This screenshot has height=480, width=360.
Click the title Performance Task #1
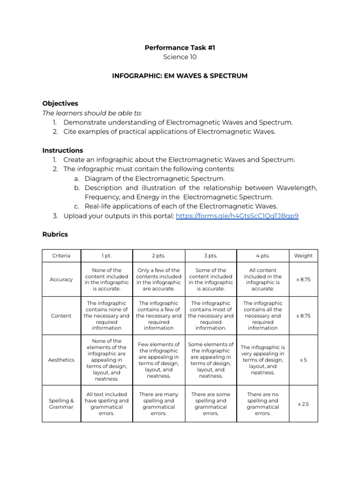click(180, 47)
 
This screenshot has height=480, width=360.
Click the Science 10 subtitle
click(180, 57)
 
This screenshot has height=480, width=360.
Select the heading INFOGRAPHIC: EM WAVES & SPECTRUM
click(180, 75)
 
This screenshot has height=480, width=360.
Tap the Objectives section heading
click(60, 103)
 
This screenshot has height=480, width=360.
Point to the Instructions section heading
click(62, 150)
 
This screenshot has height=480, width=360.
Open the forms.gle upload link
click(237, 216)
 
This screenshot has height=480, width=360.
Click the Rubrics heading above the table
click(55, 234)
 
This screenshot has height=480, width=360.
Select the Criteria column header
click(61, 255)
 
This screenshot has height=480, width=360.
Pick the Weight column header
click(303, 255)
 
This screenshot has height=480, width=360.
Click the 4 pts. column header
click(263, 255)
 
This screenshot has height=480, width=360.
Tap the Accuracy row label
click(61, 279)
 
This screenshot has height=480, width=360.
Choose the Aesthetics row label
click(61, 360)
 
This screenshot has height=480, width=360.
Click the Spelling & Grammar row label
click(61, 404)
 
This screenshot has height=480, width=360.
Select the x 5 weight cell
click(303, 360)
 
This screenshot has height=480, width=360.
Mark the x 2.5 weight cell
click(303, 404)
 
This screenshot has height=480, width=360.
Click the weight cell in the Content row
click(303, 315)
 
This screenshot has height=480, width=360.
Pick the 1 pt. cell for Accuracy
click(107, 279)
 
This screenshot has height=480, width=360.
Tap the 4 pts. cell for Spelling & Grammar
click(263, 404)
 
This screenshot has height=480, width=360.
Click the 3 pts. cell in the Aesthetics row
click(211, 360)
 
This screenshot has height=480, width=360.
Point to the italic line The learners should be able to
click(92, 113)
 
